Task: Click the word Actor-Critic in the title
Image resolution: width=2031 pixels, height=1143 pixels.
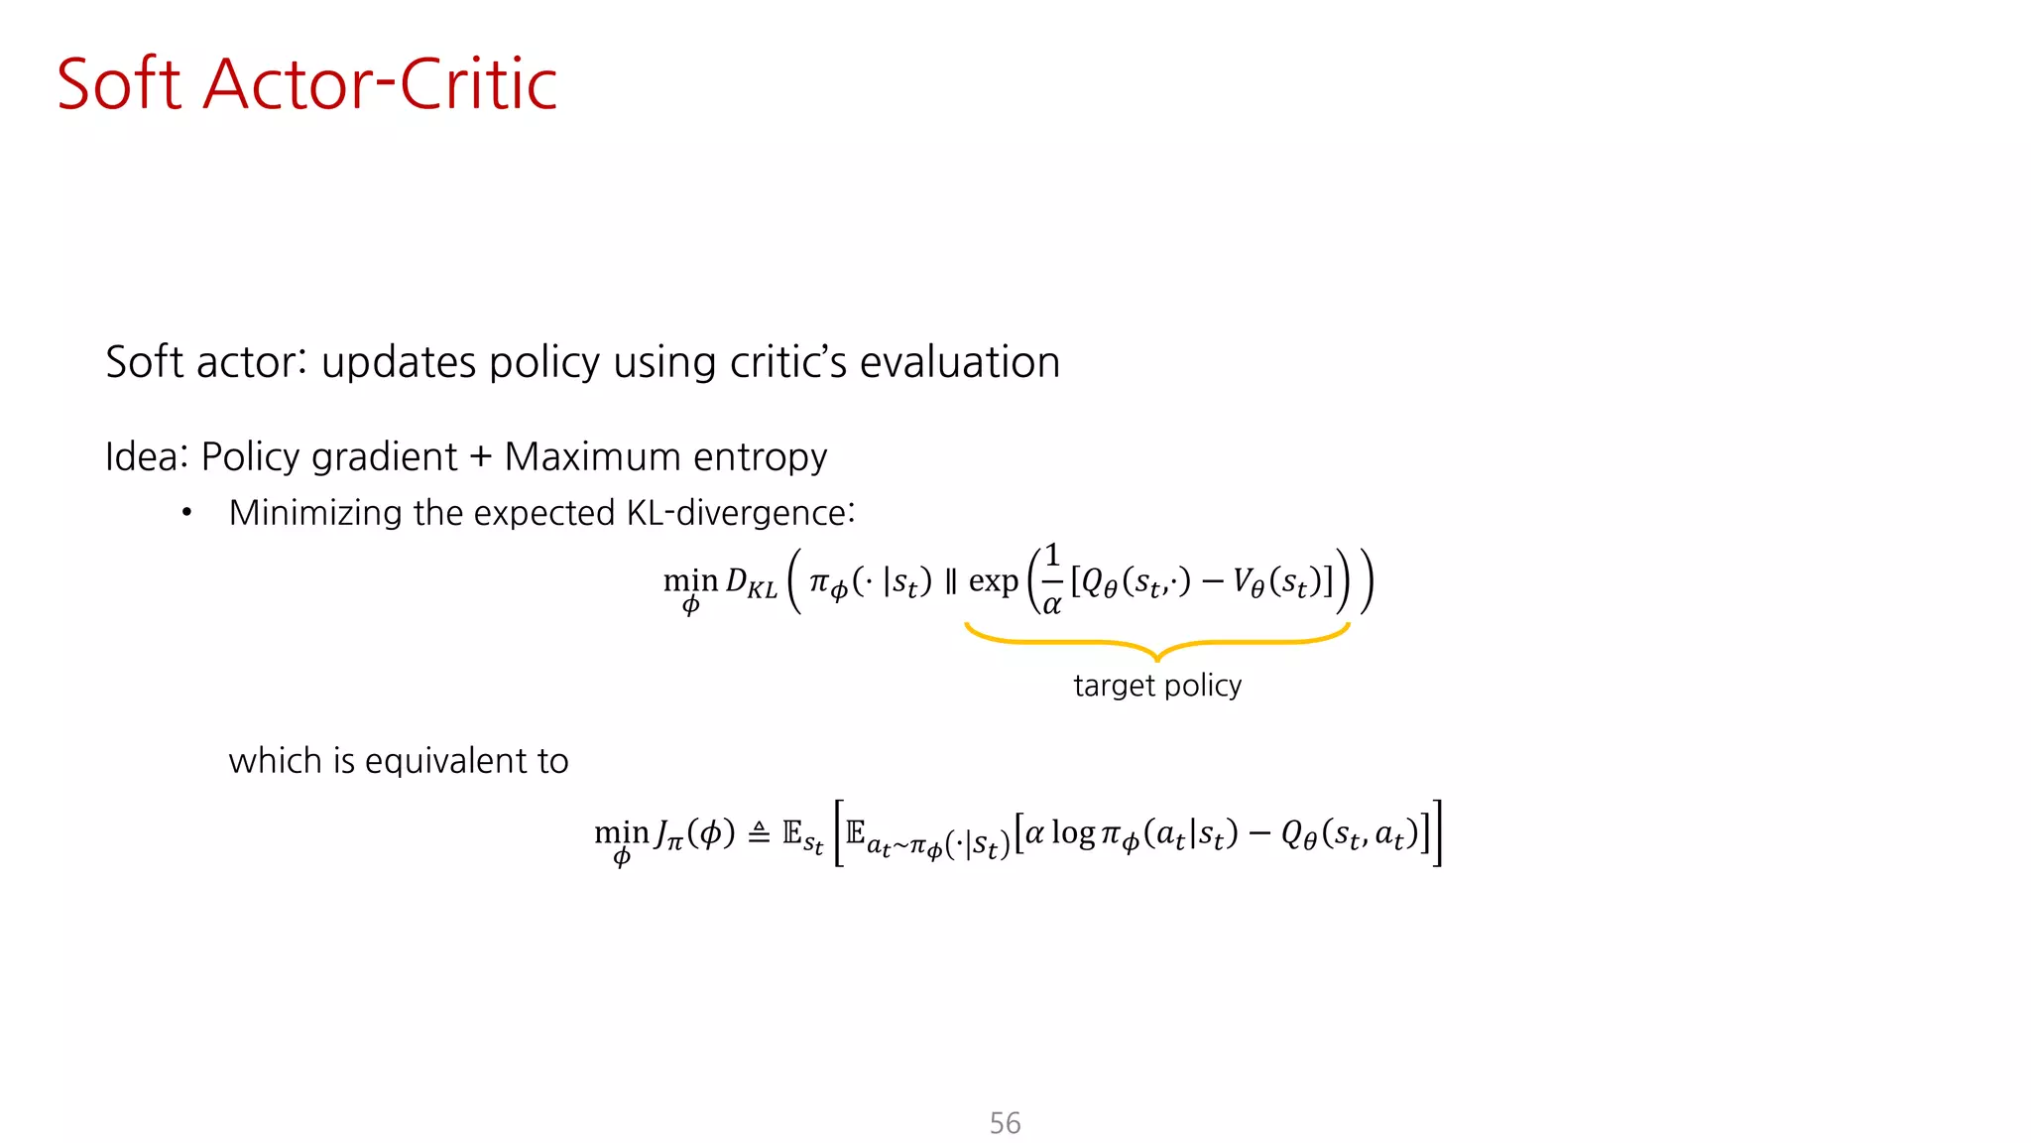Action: click(x=380, y=83)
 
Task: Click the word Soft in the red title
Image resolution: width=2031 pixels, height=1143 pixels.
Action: click(x=119, y=83)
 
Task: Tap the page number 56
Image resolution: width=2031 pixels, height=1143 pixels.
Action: click(x=1005, y=1123)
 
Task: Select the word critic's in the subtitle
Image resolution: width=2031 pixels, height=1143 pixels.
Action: click(x=788, y=362)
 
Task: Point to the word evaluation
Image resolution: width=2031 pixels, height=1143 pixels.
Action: click(x=959, y=362)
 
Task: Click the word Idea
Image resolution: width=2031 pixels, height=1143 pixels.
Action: click(x=145, y=456)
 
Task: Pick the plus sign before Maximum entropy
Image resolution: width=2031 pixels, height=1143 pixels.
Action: click(x=481, y=457)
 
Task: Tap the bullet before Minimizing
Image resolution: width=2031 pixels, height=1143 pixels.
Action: click(x=186, y=512)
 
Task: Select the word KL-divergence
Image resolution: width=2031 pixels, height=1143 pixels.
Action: click(x=740, y=513)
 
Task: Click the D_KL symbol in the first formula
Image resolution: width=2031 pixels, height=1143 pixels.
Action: click(x=751, y=583)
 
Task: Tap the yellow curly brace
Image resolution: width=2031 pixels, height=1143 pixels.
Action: click(x=1157, y=642)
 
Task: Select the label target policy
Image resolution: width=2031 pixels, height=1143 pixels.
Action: click(x=1157, y=686)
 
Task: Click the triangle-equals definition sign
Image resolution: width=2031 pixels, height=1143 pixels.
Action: click(x=759, y=832)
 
